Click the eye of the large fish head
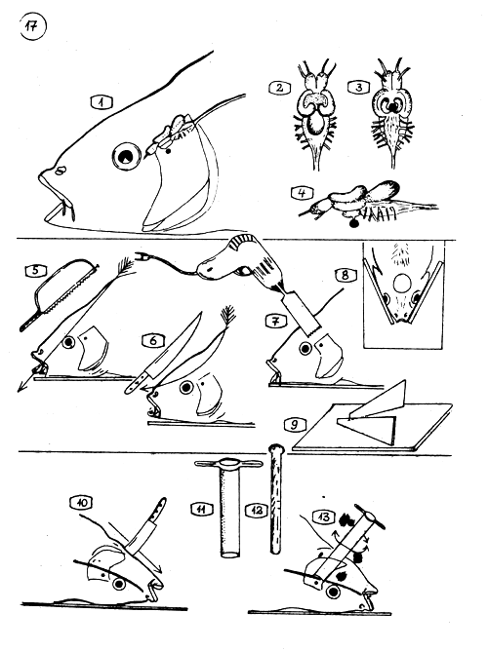pyautogui.click(x=125, y=157)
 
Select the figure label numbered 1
pyautogui.click(x=102, y=101)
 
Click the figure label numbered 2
pyautogui.click(x=279, y=88)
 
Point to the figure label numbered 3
pyautogui.click(x=358, y=87)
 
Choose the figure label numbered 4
pyautogui.click(x=303, y=193)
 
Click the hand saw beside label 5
pyautogui.click(x=59, y=296)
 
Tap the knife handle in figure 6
pyautogui.click(x=137, y=381)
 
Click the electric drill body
pyautogui.click(x=233, y=257)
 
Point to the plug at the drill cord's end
pyautogui.click(x=142, y=255)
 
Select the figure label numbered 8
pyautogui.click(x=345, y=275)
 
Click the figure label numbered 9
pyautogui.click(x=295, y=424)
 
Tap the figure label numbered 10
pyautogui.click(x=81, y=503)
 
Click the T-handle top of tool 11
pyautogui.click(x=229, y=463)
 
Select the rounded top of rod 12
pyautogui.click(x=276, y=448)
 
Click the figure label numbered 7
pyautogui.click(x=276, y=321)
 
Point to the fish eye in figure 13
pyautogui.click(x=333, y=593)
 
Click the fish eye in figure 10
pyautogui.click(x=120, y=585)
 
